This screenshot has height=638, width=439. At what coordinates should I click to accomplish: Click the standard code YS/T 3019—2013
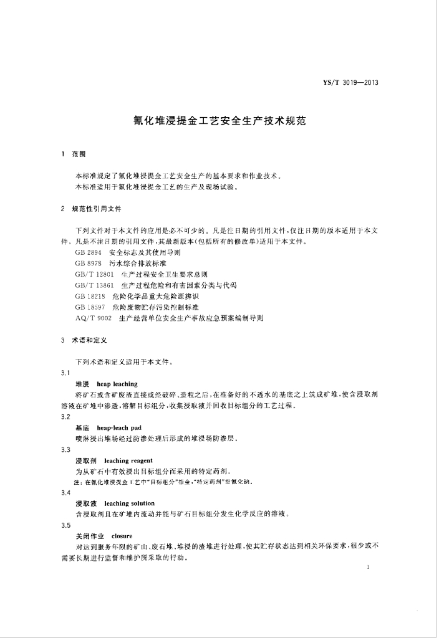(x=351, y=82)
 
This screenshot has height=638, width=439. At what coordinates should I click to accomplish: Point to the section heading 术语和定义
(x=90, y=341)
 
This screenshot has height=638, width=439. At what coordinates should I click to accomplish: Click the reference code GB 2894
(x=88, y=253)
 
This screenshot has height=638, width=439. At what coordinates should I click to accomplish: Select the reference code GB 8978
(x=88, y=264)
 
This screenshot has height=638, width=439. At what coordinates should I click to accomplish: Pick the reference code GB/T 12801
(x=94, y=274)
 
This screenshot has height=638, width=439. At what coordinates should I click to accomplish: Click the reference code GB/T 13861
(x=94, y=285)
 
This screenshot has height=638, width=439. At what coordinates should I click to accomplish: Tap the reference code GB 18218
(x=90, y=296)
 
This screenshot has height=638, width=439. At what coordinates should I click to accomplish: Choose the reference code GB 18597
(x=90, y=307)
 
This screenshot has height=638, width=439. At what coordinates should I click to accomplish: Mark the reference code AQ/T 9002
(x=93, y=317)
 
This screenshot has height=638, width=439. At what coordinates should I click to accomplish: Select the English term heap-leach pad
(x=120, y=429)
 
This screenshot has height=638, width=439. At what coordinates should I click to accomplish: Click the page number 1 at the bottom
(x=370, y=568)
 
